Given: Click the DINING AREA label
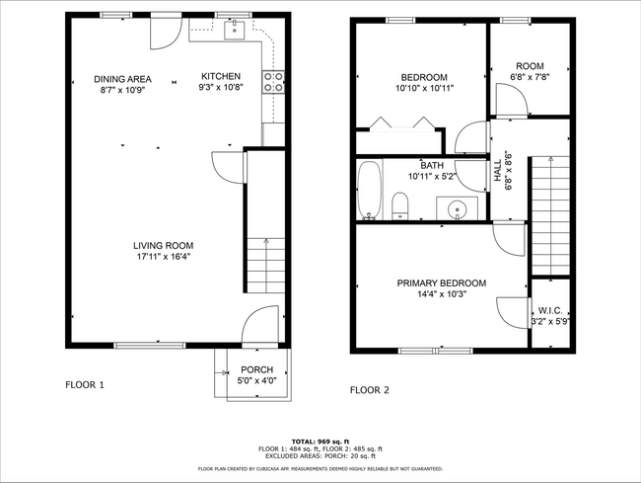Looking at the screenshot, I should [122, 79].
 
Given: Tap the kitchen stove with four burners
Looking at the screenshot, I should [273, 81].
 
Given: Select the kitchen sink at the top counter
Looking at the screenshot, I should [236, 31].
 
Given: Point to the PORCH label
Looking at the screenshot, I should [257, 369].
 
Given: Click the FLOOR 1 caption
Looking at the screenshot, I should [85, 384].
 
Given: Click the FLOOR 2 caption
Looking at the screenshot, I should [370, 390].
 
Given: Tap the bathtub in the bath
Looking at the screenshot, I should [370, 190].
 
